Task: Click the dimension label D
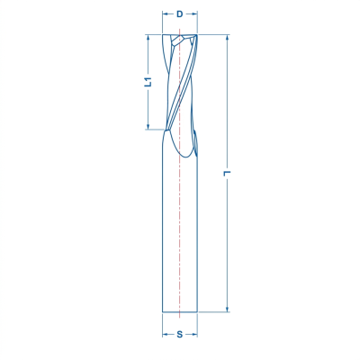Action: tap(179, 14)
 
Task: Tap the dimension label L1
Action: tap(148, 82)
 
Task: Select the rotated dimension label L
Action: tap(227, 173)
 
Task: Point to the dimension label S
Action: tap(179, 334)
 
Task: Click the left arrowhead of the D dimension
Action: tap(165, 14)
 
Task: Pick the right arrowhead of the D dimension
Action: tap(194, 14)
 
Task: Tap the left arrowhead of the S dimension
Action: tap(165, 334)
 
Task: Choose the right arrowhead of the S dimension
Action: tap(194, 334)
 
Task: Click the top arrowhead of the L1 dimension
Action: tap(148, 37)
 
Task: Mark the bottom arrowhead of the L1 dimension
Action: tap(148, 127)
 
